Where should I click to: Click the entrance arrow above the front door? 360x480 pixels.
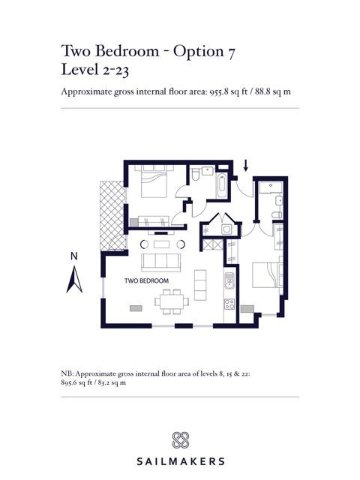[245, 165]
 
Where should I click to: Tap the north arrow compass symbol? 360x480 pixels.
[74, 280]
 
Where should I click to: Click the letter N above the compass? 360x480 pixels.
[74, 256]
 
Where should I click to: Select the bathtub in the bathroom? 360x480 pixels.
[222, 185]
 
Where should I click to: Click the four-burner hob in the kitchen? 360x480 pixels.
[229, 304]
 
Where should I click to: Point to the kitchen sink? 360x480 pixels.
[229, 281]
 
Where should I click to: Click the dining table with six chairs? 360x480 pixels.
[172, 301]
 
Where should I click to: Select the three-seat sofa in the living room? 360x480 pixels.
[161, 262]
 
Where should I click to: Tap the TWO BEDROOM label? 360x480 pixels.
[147, 280]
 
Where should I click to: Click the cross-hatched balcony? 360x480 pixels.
[112, 215]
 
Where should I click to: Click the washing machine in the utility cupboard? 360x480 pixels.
[226, 229]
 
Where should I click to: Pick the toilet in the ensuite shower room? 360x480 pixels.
[277, 215]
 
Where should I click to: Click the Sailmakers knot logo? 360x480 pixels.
[180, 440]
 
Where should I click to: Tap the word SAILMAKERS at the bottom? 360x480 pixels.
[180, 461]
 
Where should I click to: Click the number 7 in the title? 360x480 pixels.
[231, 52]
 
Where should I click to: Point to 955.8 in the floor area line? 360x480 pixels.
[219, 91]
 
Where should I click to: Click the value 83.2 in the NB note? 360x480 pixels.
[103, 382]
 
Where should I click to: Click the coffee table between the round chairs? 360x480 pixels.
[161, 244]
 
